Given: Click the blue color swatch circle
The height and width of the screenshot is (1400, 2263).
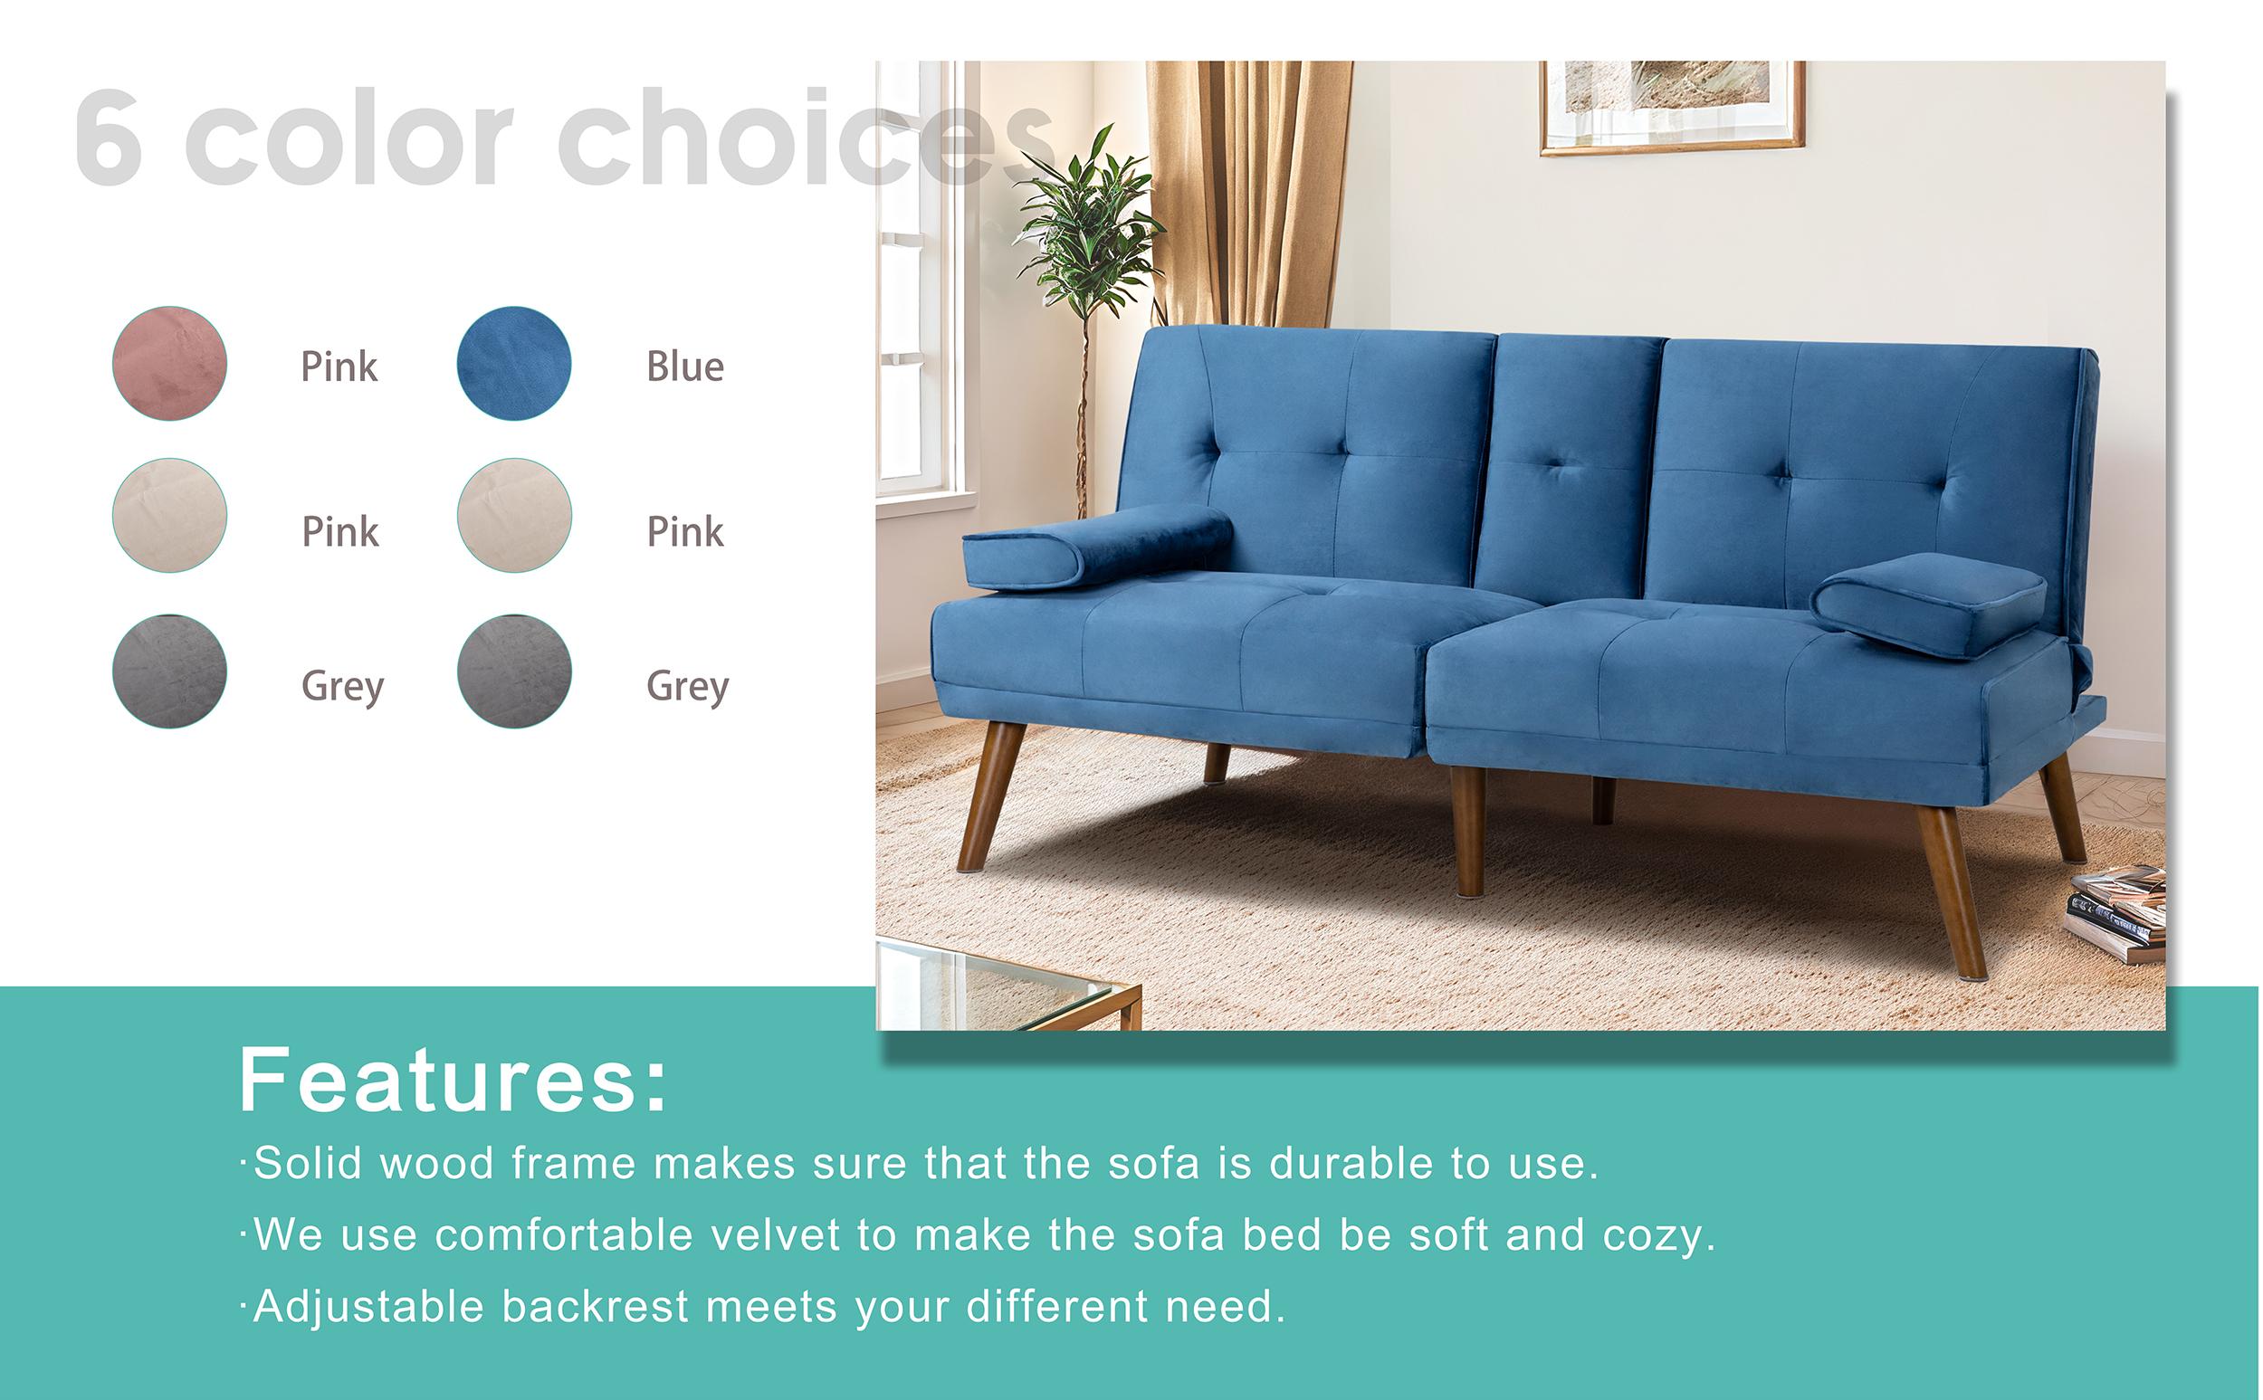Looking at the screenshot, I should coord(513,363).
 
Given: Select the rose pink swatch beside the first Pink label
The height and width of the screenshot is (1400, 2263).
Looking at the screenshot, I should coord(169,363).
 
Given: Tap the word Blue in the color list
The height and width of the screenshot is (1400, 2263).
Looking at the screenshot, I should coord(684,367).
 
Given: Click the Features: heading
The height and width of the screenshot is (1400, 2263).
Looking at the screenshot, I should coord(452,1081).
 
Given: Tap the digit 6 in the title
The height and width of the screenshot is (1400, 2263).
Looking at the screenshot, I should coord(109,138).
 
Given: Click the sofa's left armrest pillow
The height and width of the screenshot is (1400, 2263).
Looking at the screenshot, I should coord(1097,548).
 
